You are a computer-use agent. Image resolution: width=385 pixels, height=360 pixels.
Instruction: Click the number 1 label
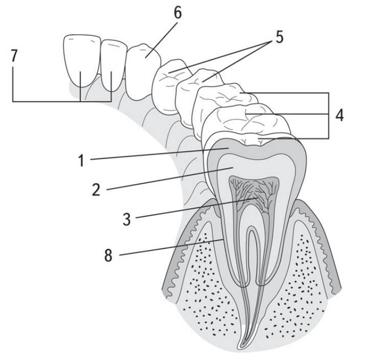point(81,161)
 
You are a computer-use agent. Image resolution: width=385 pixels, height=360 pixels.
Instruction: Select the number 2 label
point(96,189)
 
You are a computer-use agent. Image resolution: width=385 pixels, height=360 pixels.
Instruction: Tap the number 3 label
point(127,219)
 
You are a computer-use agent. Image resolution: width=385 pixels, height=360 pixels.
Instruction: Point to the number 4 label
point(339,115)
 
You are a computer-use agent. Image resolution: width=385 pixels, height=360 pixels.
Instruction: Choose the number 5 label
point(279,37)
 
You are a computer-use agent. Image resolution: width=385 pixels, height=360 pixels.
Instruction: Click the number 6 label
point(178,12)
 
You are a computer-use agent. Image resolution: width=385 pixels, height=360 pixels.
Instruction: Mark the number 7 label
point(14,56)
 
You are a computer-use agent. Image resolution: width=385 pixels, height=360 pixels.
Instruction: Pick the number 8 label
point(108,255)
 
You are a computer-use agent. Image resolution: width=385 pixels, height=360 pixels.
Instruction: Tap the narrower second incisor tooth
point(113,65)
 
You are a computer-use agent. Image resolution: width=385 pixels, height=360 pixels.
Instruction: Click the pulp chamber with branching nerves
point(254,194)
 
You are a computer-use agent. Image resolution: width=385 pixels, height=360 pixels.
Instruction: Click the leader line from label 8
point(171,247)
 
